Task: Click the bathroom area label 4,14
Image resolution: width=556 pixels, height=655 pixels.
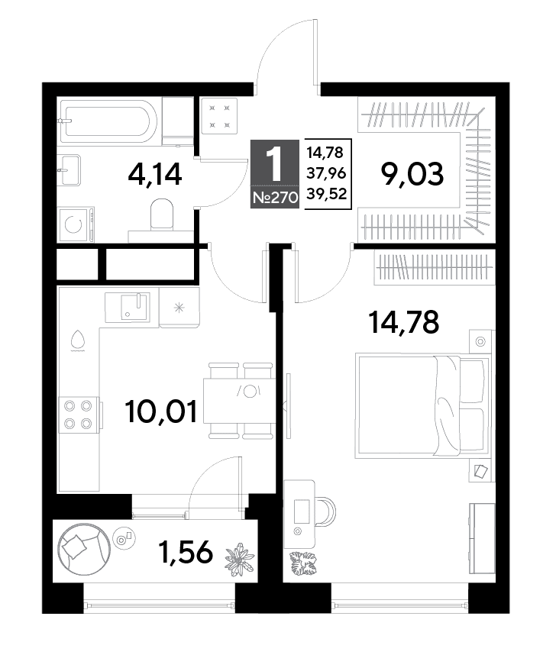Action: [155, 174]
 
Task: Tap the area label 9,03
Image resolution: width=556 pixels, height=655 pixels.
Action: [412, 174]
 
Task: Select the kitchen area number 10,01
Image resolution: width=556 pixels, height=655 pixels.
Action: [161, 411]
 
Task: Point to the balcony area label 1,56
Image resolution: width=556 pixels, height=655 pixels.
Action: [186, 552]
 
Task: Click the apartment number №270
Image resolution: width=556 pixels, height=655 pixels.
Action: [275, 197]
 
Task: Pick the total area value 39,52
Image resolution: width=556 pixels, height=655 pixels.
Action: [326, 193]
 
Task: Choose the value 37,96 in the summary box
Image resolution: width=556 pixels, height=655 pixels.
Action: [326, 173]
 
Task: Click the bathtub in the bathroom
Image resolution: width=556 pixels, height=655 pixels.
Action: [108, 121]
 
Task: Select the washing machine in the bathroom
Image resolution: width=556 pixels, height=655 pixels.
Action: [76, 224]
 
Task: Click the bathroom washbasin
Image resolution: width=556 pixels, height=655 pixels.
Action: [69, 170]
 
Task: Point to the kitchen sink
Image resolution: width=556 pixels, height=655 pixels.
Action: [134, 307]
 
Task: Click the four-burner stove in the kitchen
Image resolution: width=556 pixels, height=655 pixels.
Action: [79, 415]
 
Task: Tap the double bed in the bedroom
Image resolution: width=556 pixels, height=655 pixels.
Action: [422, 405]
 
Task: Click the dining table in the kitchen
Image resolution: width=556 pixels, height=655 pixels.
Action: [240, 401]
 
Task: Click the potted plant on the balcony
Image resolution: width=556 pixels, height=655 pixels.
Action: [240, 558]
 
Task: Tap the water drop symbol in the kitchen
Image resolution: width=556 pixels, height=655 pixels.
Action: [78, 339]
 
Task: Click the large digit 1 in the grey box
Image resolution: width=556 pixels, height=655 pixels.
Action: [275, 165]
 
